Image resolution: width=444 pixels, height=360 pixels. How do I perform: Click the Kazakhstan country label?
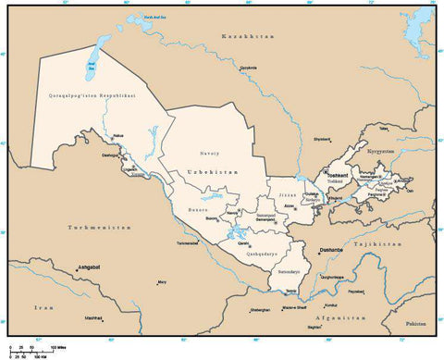247,35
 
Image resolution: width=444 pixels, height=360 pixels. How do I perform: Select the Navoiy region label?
209,153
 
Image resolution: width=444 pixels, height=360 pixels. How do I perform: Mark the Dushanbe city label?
331,249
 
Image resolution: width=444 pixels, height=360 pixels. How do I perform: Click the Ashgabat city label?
89,266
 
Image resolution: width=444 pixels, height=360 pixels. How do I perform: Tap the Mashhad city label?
92,317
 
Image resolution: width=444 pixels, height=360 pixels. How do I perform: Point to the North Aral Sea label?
139,17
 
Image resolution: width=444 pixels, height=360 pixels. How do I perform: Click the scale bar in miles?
42,348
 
